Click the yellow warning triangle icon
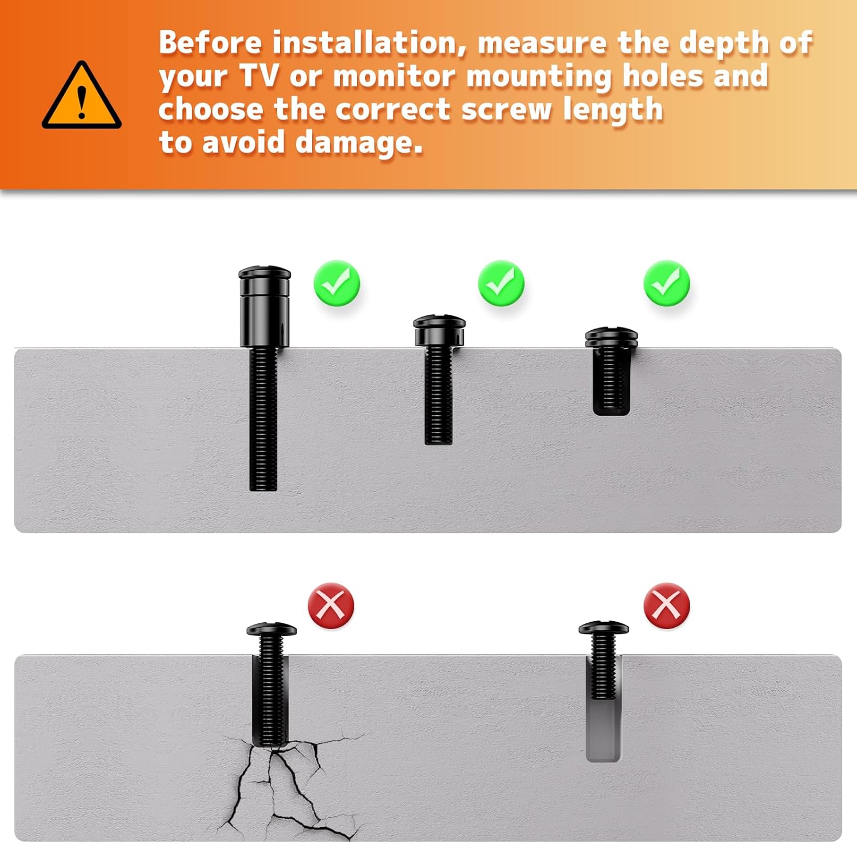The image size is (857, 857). click(82, 95)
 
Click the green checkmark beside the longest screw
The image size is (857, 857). click(337, 283)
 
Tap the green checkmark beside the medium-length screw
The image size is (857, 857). click(501, 283)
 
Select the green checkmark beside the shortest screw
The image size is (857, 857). click(667, 283)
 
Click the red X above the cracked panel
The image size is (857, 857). click(331, 606)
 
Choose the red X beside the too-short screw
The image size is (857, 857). click(667, 606)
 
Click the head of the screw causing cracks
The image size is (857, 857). click(271, 629)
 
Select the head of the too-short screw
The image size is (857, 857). click(604, 627)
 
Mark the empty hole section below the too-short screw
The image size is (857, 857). click(603, 731)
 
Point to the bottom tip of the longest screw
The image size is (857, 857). click(263, 490)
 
